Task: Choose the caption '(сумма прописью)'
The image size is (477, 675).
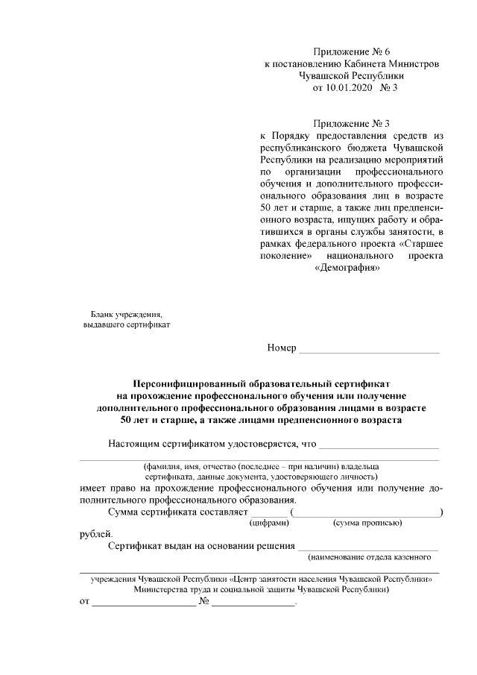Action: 367,524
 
